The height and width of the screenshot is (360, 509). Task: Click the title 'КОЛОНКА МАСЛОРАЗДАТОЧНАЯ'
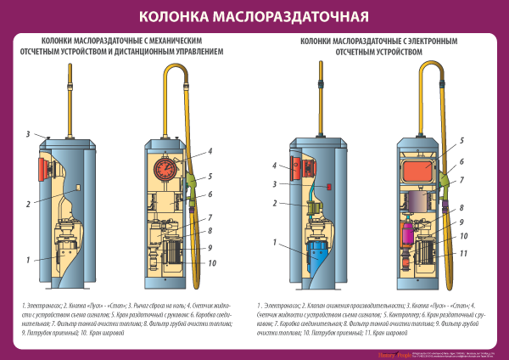254,16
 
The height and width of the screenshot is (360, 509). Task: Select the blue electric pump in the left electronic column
316,251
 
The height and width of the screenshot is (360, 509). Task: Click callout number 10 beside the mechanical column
211,262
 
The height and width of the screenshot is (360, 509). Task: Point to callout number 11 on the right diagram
463,253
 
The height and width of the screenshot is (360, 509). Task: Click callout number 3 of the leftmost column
28,134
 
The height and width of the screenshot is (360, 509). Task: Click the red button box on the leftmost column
41,167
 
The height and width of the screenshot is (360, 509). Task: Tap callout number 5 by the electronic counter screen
461,139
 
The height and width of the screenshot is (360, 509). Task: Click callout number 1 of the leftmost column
28,259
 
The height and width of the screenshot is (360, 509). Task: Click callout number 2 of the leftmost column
28,204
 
